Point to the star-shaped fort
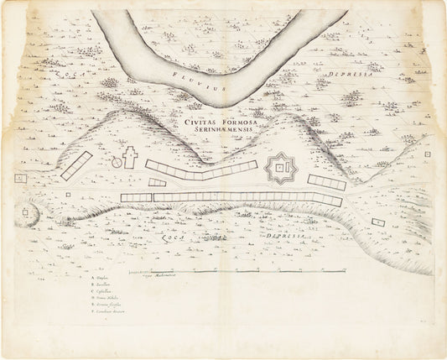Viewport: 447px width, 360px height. coord(281,170)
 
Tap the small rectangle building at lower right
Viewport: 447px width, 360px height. coord(378,222)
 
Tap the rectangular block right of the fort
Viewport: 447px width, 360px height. coord(326,181)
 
